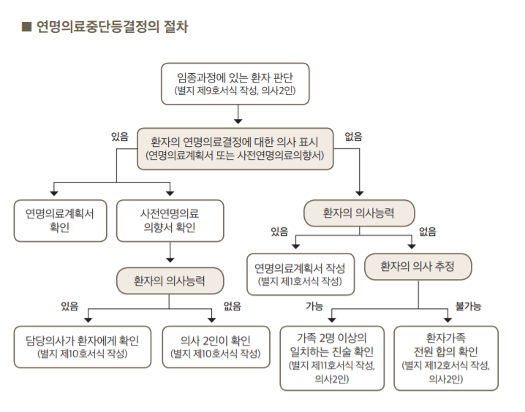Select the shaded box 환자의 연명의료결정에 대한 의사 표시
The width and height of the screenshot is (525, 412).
[235, 148]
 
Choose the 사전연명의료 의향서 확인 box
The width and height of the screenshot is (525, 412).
[170, 221]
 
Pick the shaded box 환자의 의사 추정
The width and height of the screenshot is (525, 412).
[418, 267]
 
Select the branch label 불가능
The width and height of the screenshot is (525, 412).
[468, 305]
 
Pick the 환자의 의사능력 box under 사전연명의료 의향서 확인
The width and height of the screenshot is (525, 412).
[170, 281]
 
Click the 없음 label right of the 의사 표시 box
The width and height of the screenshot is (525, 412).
[353, 137]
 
